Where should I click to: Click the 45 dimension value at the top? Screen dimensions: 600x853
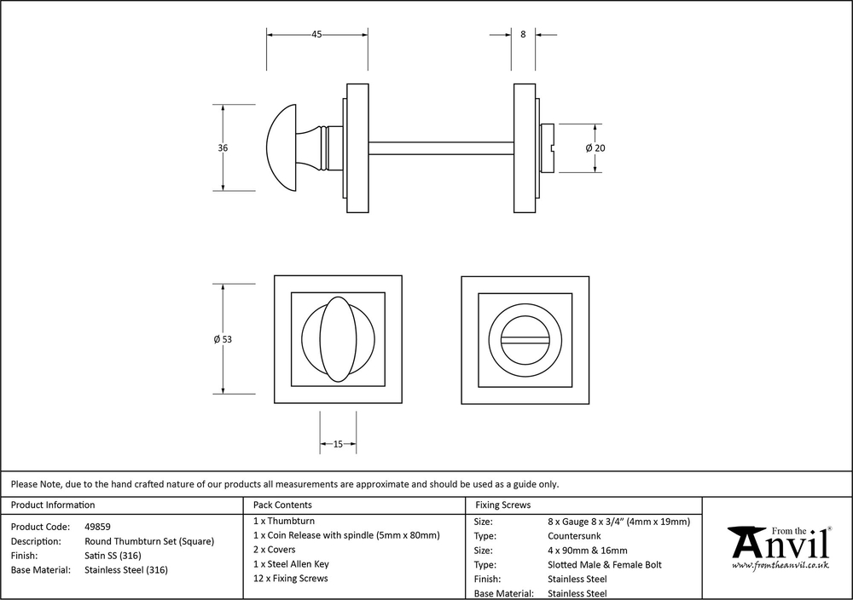(316, 35)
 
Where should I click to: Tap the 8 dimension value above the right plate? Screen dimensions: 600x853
(522, 35)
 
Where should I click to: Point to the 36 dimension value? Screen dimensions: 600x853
(223, 147)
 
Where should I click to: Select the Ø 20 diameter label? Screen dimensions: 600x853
(595, 147)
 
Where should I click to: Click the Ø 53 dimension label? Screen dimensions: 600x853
(223, 339)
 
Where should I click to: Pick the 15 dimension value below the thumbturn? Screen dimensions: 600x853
(338, 444)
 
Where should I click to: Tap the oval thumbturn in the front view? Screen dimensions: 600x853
(337, 338)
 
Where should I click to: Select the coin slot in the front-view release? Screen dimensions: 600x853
(525, 339)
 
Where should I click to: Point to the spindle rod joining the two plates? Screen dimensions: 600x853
(440, 147)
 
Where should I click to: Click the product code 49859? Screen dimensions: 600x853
(97, 527)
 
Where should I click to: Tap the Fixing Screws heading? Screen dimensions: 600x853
(503, 505)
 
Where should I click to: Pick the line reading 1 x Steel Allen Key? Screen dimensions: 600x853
(291, 564)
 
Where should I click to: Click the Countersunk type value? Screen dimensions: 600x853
(574, 535)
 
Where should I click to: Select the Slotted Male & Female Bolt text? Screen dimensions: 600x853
(604, 564)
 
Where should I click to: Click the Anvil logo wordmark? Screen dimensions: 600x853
(780, 542)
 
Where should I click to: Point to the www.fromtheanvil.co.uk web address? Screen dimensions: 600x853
(780, 565)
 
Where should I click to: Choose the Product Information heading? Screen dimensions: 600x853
(53, 505)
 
